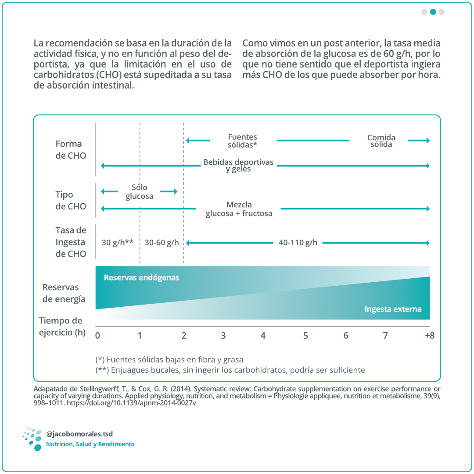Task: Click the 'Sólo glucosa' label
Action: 140,192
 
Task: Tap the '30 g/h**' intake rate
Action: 117,243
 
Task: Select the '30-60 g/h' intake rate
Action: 162,243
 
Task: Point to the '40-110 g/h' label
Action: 298,243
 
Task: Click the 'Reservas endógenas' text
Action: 141,278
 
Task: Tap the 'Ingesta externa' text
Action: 393,309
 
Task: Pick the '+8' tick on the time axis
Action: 429,336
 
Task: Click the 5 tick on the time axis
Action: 305,336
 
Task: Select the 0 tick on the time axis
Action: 98,336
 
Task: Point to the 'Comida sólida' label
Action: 381,141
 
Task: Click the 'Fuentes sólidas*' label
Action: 242,141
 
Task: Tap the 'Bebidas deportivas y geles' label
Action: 238,165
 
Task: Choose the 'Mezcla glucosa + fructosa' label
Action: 239,209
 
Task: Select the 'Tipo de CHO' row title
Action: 70,201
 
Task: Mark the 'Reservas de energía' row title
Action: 64,293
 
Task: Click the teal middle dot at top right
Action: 433,12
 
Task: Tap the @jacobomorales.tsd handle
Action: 79,434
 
